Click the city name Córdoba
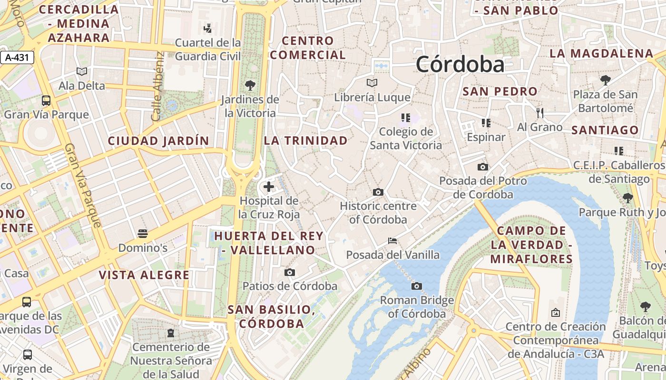[x=460, y=65]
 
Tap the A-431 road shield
[x=17, y=58]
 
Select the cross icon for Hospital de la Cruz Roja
[x=269, y=187]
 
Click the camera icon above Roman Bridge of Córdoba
[x=417, y=286]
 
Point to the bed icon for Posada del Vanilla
[x=392, y=241]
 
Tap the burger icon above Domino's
[x=142, y=233]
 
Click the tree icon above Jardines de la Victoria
[x=250, y=85]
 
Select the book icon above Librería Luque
[x=372, y=83]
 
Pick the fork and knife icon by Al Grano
[x=539, y=113]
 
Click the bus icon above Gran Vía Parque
[x=46, y=100]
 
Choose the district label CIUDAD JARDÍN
[x=158, y=141]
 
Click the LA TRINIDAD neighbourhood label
[x=306, y=141]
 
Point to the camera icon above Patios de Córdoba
[x=289, y=272]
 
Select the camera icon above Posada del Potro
[x=482, y=167]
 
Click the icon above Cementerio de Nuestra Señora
[x=171, y=332]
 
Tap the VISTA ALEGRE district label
[x=144, y=275]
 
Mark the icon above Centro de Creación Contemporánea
[x=555, y=313]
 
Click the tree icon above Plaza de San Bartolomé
[x=605, y=80]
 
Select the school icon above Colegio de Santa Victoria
[x=405, y=117]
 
